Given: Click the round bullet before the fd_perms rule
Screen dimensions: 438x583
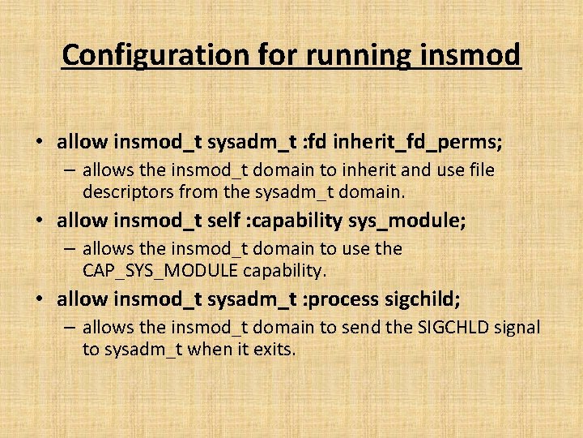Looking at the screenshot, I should (40, 144).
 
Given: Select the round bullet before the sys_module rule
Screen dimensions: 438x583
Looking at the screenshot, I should (40, 221).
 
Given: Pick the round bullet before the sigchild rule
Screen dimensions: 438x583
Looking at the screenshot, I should (40, 299).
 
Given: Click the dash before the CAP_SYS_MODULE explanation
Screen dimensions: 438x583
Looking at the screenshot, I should (70, 249).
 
